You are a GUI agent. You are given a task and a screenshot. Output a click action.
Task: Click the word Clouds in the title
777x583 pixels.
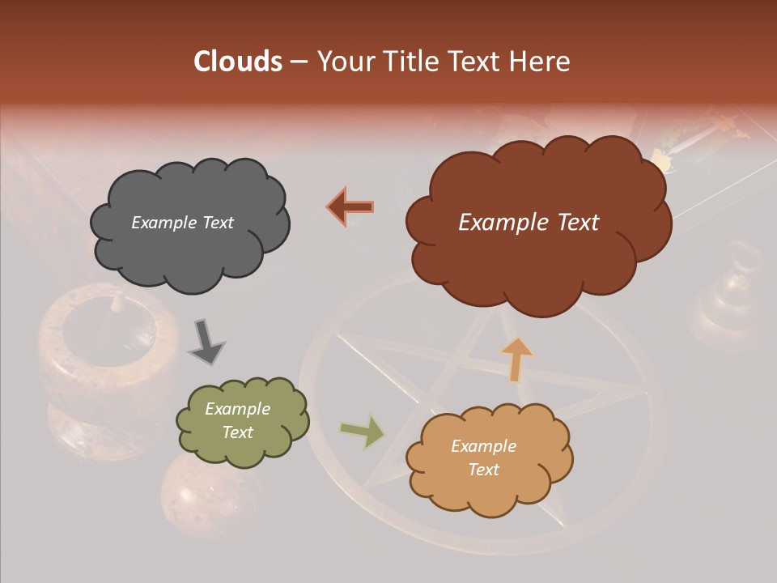[238, 62]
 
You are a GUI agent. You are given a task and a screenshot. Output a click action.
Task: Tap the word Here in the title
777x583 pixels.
[540, 62]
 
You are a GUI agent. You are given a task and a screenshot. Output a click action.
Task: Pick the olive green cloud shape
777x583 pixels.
[242, 421]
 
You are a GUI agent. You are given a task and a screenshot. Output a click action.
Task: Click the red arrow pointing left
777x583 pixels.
[350, 207]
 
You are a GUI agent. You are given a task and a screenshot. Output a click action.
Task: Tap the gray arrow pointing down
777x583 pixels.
[206, 341]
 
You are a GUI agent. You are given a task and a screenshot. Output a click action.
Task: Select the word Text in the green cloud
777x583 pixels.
[238, 432]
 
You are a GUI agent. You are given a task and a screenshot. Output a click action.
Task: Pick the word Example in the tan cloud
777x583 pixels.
[483, 446]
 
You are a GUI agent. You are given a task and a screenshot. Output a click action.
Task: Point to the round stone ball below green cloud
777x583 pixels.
[197, 491]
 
